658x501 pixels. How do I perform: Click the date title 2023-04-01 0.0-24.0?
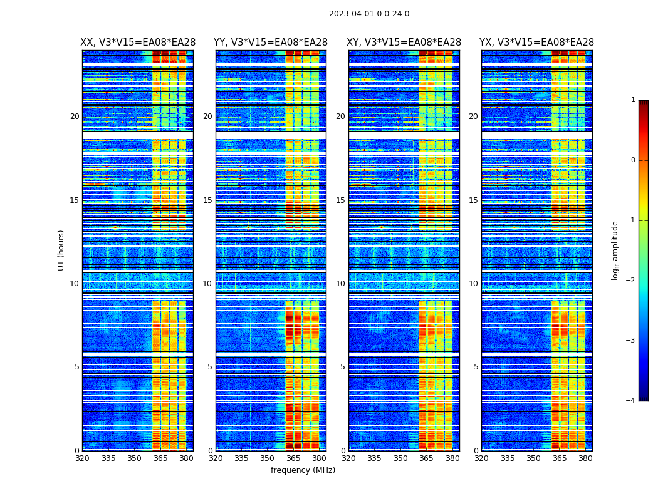click(x=369, y=14)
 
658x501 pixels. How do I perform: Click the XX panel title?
click(x=138, y=43)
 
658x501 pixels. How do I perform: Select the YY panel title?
click(x=271, y=43)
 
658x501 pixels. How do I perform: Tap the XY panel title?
click(x=404, y=43)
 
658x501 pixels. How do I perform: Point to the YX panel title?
click(x=536, y=43)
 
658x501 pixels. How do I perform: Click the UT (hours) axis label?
click(x=61, y=250)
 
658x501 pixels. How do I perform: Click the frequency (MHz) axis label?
click(x=303, y=470)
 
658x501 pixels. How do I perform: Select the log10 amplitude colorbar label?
click(x=615, y=250)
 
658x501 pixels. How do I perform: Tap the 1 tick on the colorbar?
click(x=633, y=100)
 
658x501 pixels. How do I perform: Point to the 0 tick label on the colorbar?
click(x=633, y=160)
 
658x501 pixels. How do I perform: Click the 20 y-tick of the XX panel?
click(x=75, y=116)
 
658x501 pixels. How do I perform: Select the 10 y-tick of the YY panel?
click(x=207, y=284)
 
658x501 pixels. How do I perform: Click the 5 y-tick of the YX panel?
click(x=476, y=367)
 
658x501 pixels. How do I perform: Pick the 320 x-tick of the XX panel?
click(x=82, y=458)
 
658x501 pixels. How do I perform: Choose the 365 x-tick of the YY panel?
click(x=293, y=458)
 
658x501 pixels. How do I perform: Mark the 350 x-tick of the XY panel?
click(x=400, y=458)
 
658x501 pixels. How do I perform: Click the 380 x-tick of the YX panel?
click(x=585, y=458)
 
